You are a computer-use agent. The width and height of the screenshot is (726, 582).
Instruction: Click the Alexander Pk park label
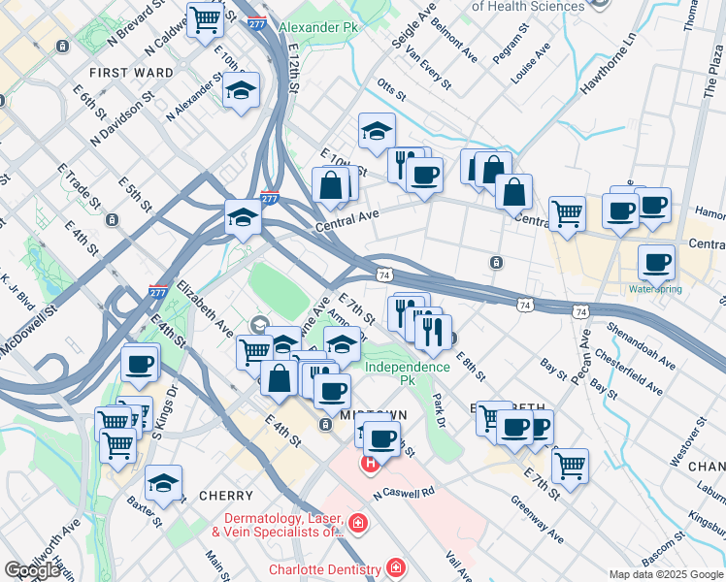[317, 27]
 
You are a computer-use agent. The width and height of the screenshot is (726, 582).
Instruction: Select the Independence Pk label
[408, 367]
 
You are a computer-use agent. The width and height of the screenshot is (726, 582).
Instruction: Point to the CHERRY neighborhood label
[226, 496]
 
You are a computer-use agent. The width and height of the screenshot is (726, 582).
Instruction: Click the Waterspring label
[655, 289]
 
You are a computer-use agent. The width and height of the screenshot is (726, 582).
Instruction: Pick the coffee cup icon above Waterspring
[657, 261]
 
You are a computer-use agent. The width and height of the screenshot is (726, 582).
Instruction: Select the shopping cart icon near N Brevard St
[205, 18]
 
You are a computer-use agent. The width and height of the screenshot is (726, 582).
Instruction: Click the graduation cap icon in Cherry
[163, 482]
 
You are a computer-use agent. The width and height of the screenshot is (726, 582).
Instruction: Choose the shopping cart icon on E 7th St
[570, 465]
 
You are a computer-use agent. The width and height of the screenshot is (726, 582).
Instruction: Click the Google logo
[32, 570]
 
